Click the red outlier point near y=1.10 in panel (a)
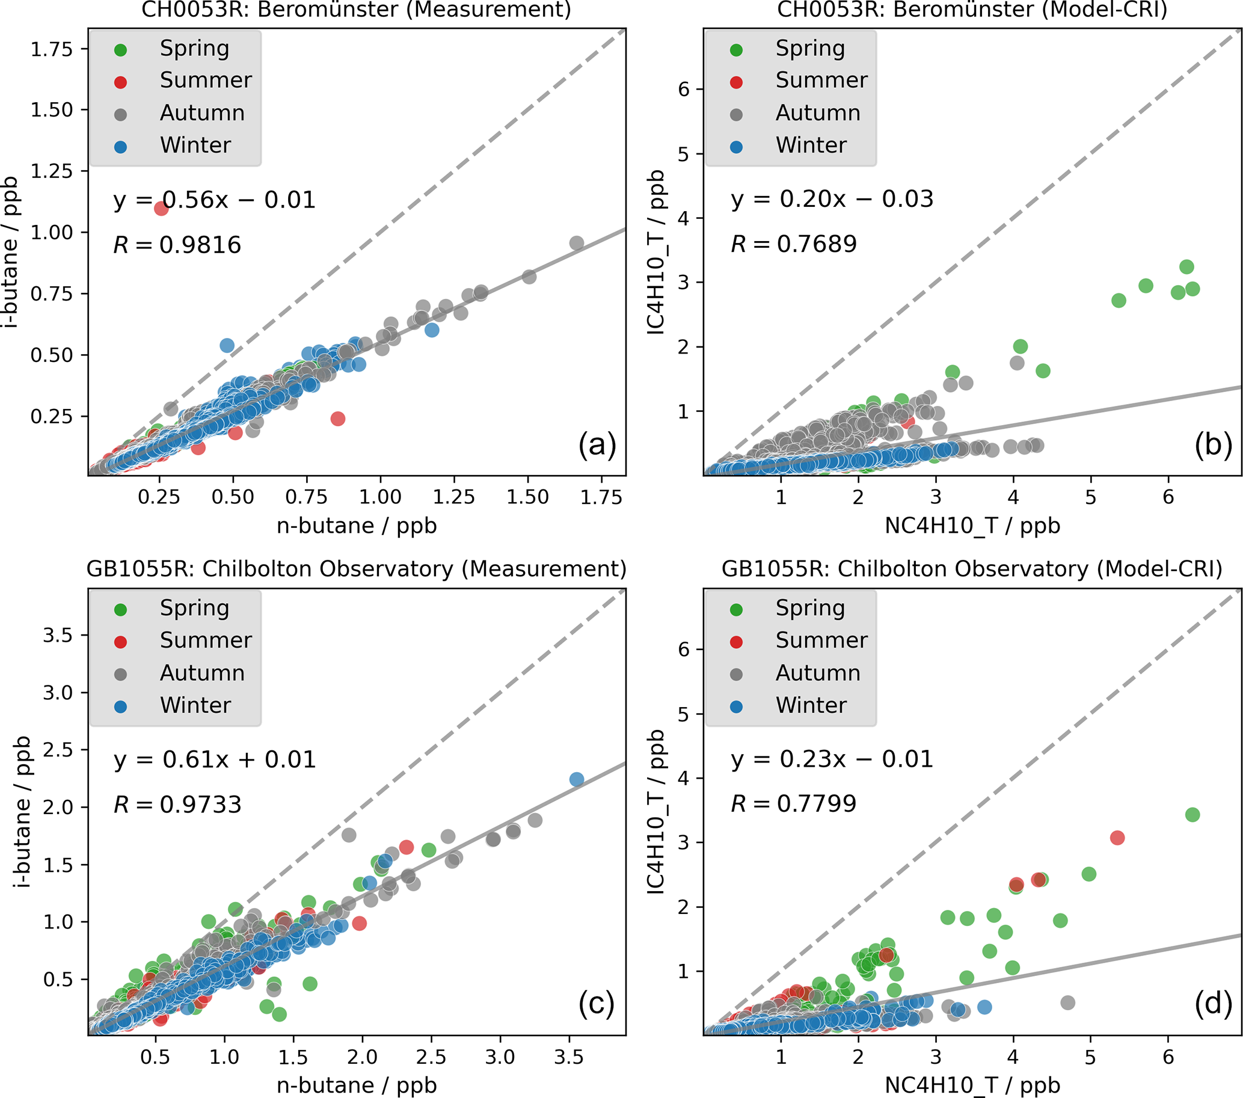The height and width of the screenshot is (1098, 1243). [x=161, y=209]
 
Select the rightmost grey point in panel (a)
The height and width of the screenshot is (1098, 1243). [x=577, y=243]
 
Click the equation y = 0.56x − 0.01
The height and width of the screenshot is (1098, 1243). [x=214, y=200]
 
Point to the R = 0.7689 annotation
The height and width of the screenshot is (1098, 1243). [x=793, y=244]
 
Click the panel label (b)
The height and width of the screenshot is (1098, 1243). [x=1212, y=445]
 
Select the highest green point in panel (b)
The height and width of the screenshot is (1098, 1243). [x=1186, y=266]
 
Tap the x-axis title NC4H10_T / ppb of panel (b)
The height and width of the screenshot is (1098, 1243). [x=972, y=526]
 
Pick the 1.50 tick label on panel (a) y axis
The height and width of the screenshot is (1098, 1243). [x=52, y=110]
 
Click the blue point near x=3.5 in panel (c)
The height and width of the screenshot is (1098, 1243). [x=577, y=779]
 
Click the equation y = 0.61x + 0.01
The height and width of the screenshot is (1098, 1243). [x=214, y=760]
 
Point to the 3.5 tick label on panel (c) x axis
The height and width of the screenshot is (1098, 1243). [x=569, y=1057]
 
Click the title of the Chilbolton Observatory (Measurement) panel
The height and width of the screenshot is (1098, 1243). [x=357, y=569]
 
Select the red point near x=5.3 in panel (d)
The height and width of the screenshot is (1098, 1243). [x=1117, y=838]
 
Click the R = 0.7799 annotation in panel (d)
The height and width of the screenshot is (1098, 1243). [x=793, y=804]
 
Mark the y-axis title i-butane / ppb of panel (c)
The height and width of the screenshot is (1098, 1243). [x=22, y=812]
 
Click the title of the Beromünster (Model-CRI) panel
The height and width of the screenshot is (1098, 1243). [x=972, y=10]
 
